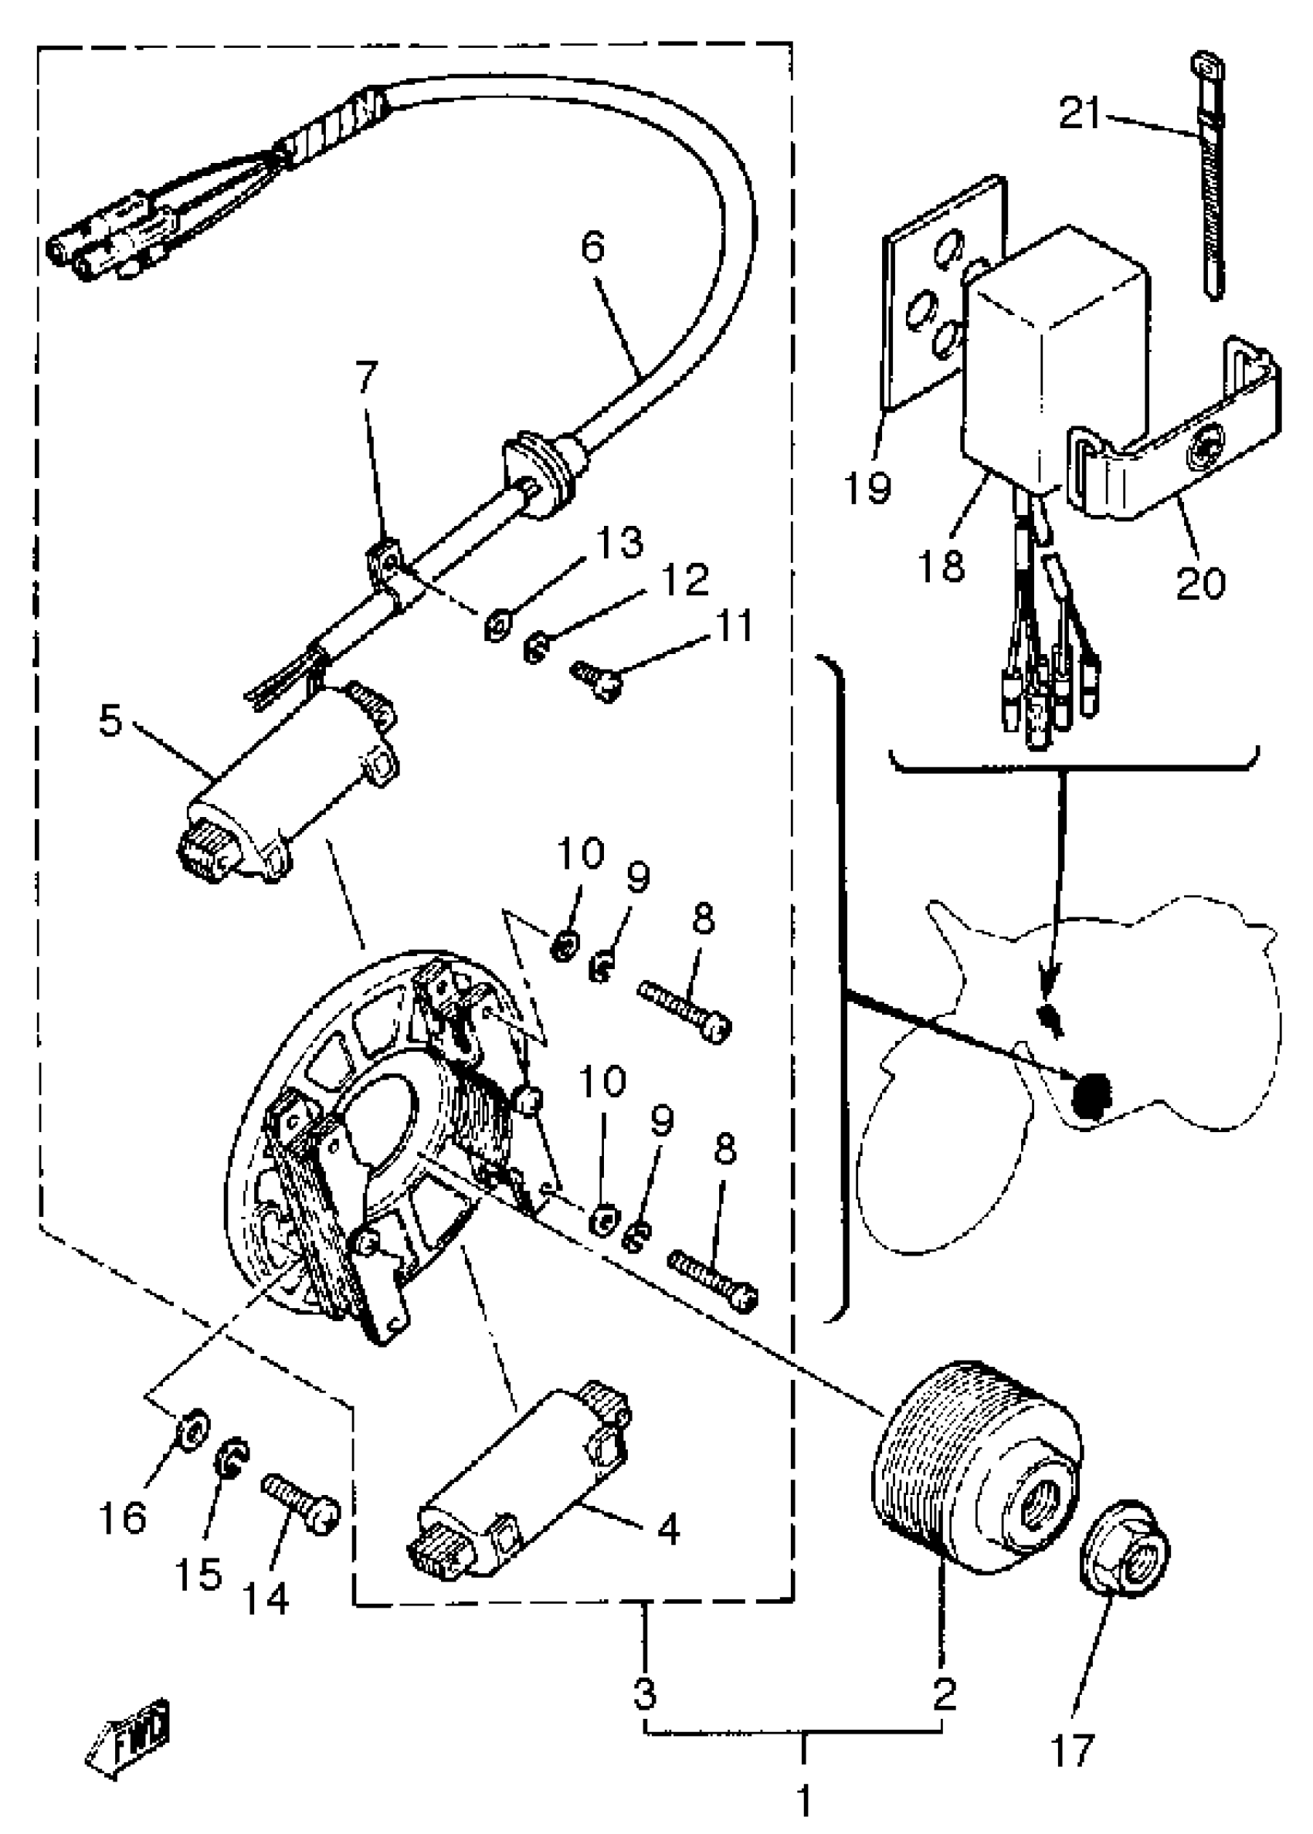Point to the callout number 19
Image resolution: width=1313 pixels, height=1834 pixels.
[x=867, y=487]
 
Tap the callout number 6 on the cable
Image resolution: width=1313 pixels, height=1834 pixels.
[x=592, y=246]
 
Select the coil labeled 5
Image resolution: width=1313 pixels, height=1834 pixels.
[x=287, y=788]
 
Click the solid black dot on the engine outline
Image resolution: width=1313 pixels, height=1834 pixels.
[x=1090, y=1096]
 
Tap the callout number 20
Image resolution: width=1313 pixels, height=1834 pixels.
[x=1199, y=583]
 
